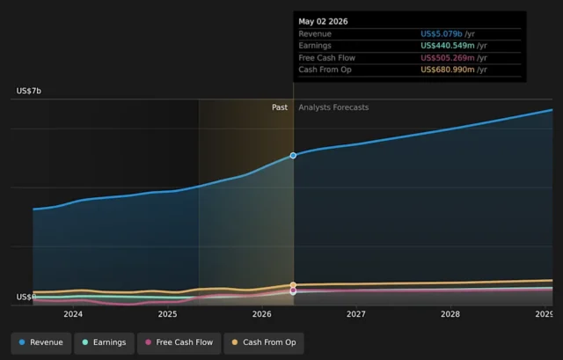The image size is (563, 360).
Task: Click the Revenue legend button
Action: [x=41, y=342]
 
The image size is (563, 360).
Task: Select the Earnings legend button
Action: [x=104, y=342]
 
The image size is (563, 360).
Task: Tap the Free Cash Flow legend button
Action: [x=179, y=342]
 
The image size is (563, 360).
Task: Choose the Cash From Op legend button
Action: [x=264, y=342]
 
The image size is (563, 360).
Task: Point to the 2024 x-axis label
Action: [x=73, y=314]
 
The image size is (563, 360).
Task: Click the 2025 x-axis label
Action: [x=167, y=314]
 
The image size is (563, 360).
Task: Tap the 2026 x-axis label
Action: [x=262, y=314]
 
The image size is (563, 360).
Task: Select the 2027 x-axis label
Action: [x=355, y=314]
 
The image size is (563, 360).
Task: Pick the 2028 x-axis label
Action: [x=450, y=314]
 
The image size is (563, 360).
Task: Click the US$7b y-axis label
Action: [x=29, y=91]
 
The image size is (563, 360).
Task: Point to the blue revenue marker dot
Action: [x=293, y=156]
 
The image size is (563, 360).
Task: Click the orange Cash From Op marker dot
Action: [x=293, y=285]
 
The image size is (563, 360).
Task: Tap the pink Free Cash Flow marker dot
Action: [x=293, y=290]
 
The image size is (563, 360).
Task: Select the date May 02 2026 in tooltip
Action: [x=323, y=21]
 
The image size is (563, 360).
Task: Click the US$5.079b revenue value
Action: [x=442, y=33]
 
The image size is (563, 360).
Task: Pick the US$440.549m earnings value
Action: [x=448, y=46]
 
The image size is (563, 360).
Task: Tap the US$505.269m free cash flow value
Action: [x=448, y=58]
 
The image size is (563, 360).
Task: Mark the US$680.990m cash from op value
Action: [x=448, y=70]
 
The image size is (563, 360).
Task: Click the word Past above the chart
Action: [x=280, y=107]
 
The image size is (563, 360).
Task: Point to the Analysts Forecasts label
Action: [x=333, y=107]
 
